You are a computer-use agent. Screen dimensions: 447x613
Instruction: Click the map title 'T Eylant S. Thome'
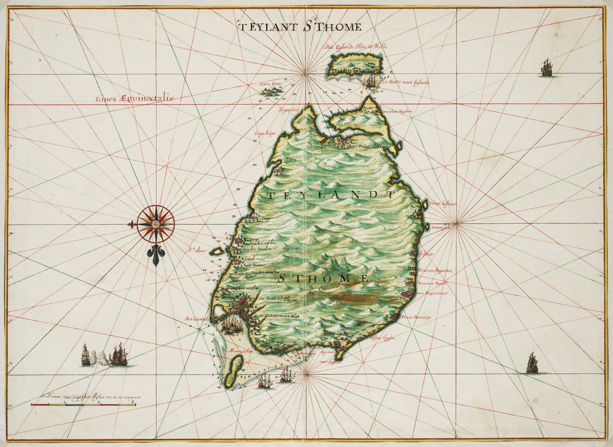pyautogui.click(x=300, y=26)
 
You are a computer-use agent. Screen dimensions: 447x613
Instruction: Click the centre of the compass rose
pyautogui.click(x=156, y=224)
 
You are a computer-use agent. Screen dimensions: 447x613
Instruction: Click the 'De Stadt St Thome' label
pyautogui.click(x=278, y=299)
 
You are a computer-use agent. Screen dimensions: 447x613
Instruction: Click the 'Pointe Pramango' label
pyautogui.click(x=416, y=317)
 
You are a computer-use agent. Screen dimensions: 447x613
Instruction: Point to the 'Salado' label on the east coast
pyautogui.click(x=426, y=254)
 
